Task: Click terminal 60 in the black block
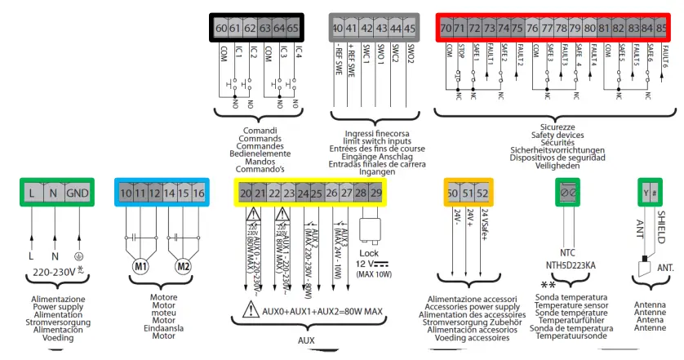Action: point(220,29)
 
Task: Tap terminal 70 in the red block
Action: point(446,29)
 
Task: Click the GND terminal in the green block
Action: point(78,193)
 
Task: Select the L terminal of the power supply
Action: point(30,193)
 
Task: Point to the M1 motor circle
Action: point(140,267)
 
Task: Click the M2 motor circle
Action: point(185,267)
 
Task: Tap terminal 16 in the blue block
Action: point(198,193)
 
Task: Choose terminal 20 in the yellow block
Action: point(245,193)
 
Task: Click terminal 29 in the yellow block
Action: point(375,193)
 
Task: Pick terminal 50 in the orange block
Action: point(453,193)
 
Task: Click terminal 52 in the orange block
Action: point(482,193)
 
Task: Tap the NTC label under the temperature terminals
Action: point(568,253)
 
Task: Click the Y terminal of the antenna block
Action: point(645,193)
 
